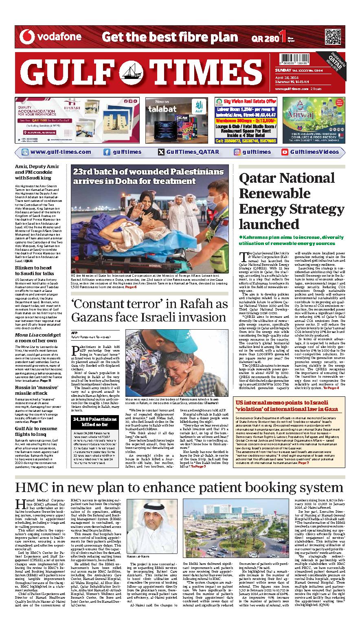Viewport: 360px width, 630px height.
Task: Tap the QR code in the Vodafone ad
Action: [332, 37]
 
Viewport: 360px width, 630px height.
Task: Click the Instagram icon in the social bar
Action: [237, 152]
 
